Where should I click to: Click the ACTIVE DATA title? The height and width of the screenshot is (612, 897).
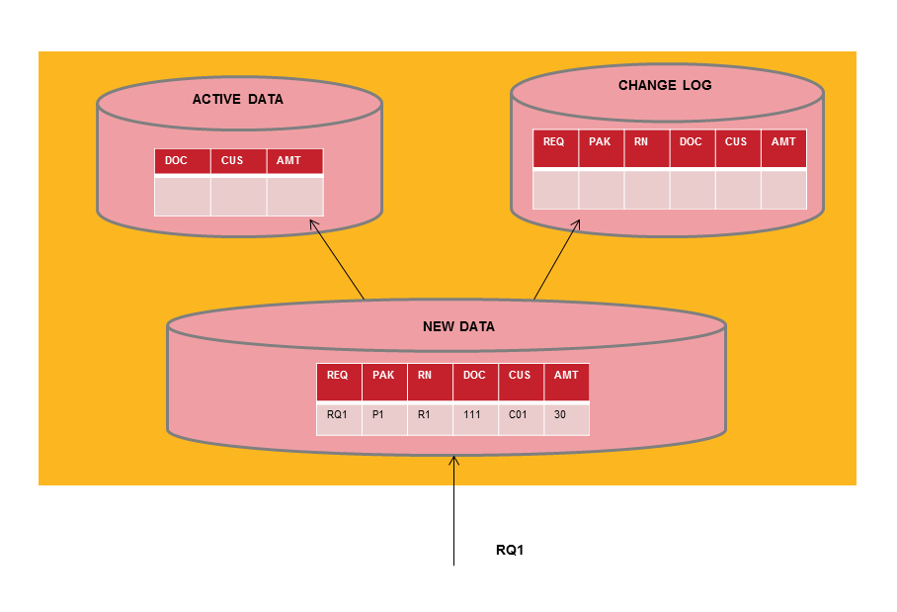pyautogui.click(x=237, y=99)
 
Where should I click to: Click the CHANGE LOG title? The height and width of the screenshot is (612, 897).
pyautogui.click(x=664, y=85)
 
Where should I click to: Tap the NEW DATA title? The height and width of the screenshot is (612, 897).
pyautogui.click(x=458, y=326)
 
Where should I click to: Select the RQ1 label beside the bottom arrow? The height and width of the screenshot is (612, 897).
pyautogui.click(x=509, y=550)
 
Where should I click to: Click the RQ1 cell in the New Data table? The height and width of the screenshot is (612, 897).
pyautogui.click(x=338, y=415)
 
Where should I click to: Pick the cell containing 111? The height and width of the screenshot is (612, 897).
pyautogui.click(x=473, y=415)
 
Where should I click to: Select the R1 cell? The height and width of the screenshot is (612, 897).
pyautogui.click(x=428, y=415)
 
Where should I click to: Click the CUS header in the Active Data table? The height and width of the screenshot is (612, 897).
pyautogui.click(x=237, y=160)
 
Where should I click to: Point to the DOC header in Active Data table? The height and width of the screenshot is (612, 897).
pyautogui.click(x=181, y=160)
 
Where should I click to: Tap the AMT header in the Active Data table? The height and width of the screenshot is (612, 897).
pyautogui.click(x=293, y=160)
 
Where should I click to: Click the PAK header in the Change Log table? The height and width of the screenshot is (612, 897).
pyautogui.click(x=600, y=142)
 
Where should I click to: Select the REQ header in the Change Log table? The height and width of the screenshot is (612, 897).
pyautogui.click(x=554, y=142)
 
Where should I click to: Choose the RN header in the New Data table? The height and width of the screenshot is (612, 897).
pyautogui.click(x=428, y=376)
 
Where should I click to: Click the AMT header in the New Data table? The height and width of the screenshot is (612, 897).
pyautogui.click(x=566, y=376)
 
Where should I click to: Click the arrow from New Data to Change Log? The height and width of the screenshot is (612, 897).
pyautogui.click(x=556, y=259)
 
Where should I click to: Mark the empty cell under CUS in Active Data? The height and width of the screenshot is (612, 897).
pyautogui.click(x=237, y=196)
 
